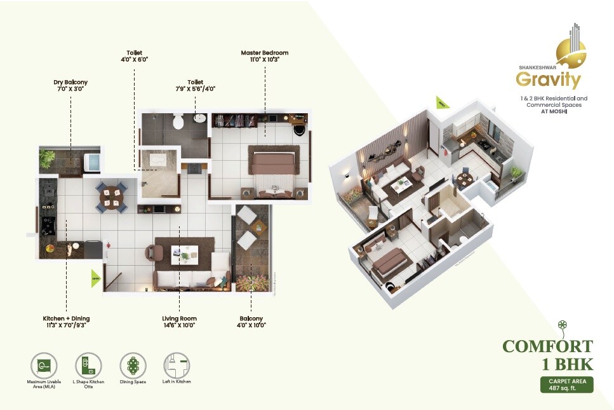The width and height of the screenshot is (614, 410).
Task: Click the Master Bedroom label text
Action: click(265, 53)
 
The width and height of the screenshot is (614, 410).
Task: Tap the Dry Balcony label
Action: click(70, 82)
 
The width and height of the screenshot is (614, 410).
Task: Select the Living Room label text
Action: click(179, 318)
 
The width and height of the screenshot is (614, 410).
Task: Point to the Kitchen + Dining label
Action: click(66, 318)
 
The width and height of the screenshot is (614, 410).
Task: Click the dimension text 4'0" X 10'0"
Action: click(252, 325)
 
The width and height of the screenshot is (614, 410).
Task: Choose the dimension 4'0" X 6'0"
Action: click(134, 59)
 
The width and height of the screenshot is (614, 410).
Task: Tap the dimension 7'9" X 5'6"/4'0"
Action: click(195, 89)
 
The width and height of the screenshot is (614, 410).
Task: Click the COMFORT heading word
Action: click(547, 346)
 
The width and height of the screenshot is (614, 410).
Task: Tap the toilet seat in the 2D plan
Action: click(179, 120)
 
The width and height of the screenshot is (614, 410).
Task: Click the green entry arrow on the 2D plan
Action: click(96, 278)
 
